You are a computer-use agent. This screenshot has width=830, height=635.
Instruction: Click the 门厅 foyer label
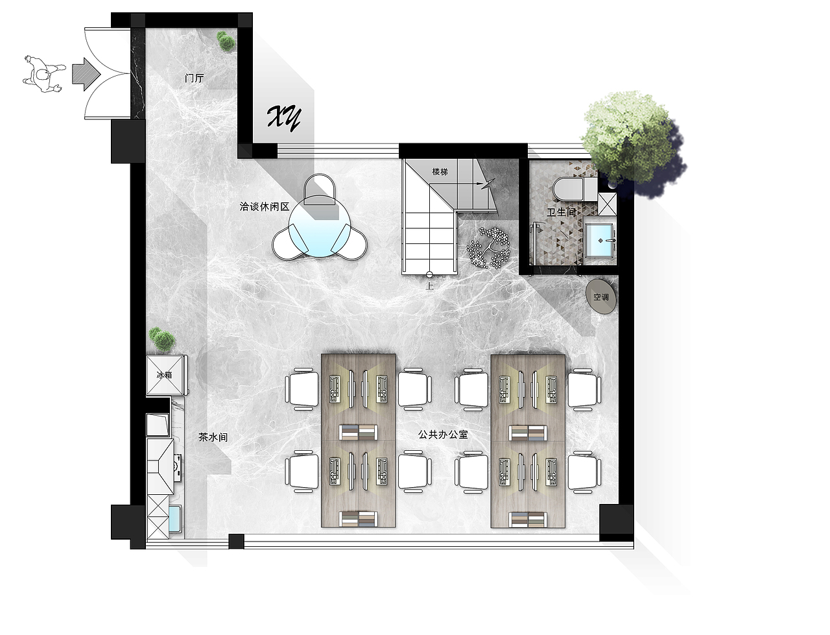(195, 78)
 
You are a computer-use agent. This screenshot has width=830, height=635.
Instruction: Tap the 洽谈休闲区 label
(265, 206)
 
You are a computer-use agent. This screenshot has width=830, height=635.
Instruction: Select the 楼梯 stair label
(440, 172)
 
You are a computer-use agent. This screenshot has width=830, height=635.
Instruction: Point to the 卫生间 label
(562, 212)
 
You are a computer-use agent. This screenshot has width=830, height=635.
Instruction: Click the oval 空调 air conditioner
(601, 297)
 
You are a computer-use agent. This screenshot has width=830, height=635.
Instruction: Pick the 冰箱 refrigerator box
(165, 375)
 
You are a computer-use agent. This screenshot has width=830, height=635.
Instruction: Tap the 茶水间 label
(213, 437)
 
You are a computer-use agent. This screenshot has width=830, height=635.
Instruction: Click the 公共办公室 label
(443, 435)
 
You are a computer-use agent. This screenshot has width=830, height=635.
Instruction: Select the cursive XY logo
(285, 117)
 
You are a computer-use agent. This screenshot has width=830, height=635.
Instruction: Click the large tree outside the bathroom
(632, 144)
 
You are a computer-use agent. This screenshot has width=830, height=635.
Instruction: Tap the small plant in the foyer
(226, 42)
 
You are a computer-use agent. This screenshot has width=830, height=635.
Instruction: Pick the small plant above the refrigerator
(162, 339)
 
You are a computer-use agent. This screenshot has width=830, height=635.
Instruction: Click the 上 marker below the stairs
(429, 285)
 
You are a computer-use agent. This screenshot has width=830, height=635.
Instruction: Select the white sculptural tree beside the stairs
(488, 247)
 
